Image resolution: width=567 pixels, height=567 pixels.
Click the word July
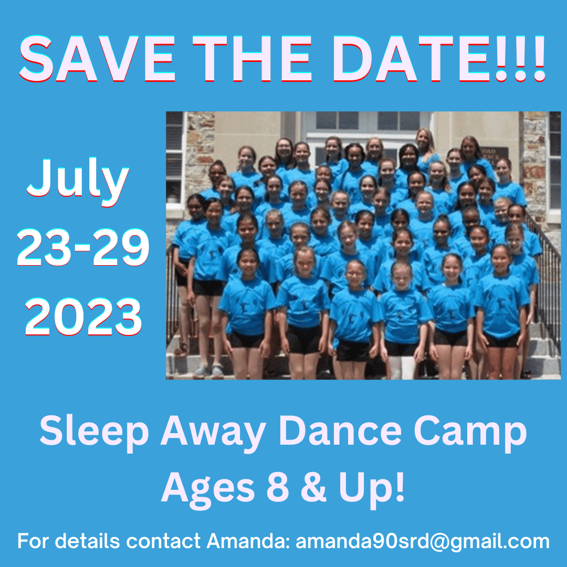coord(78,181)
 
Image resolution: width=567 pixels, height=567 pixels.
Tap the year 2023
coord(83,317)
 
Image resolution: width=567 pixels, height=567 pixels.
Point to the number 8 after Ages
coord(278,486)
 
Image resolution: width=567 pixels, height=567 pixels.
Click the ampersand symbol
coord(313,486)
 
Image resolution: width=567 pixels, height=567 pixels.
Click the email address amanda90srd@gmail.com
coord(422,541)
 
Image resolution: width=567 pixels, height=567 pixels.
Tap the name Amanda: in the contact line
coord(248,541)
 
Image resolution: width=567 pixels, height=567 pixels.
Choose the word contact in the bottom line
coord(163,541)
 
